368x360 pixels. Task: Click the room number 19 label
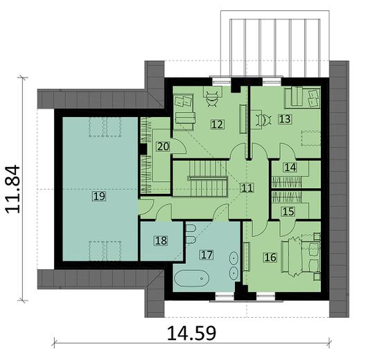pos(98,197)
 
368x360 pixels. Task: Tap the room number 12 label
pos(217,125)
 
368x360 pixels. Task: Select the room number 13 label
pos(284,119)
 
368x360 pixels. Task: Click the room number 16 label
pos(270,258)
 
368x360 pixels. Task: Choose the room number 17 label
pos(206,254)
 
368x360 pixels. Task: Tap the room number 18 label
pos(160,241)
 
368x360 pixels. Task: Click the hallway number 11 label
pos(247,188)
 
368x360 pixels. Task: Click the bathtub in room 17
pos(191,280)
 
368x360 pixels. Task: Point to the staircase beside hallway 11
pos(200,179)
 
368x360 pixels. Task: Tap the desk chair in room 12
pos(212,98)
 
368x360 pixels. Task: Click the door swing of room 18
pos(164,213)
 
